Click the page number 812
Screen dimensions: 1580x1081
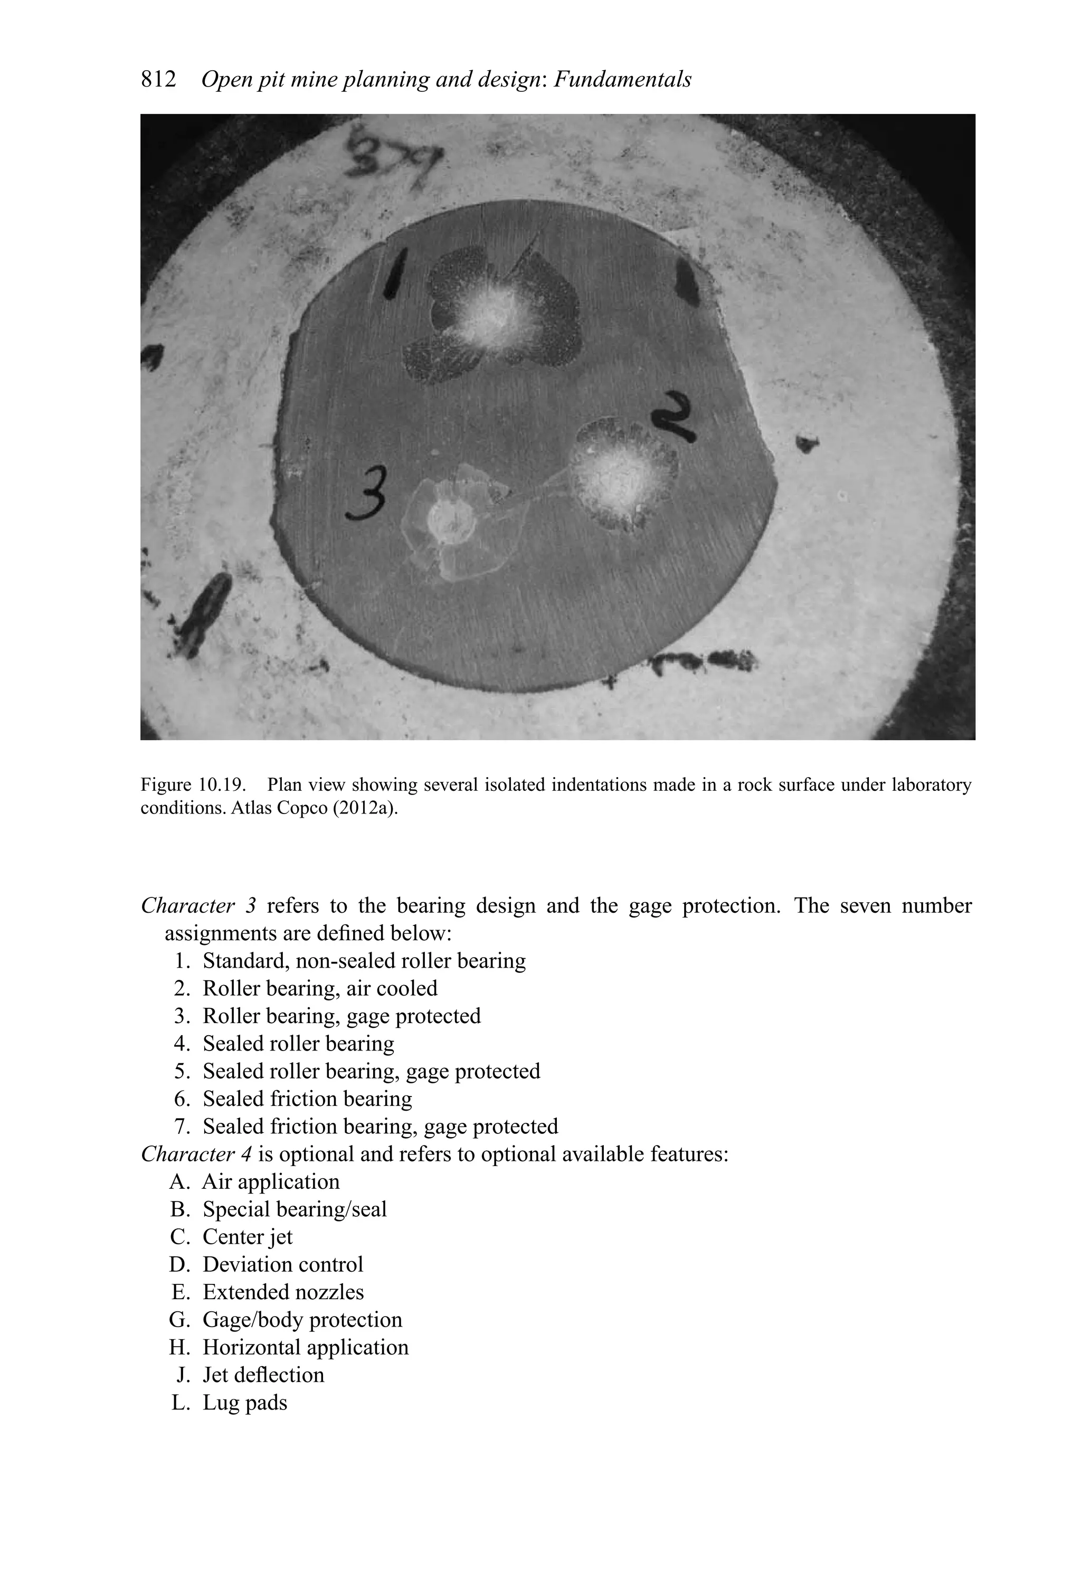[x=158, y=80]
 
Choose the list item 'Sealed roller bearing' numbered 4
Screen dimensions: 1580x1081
[x=298, y=1044]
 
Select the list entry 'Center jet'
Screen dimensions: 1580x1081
[x=248, y=1237]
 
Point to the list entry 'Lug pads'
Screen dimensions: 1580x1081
[x=245, y=1403]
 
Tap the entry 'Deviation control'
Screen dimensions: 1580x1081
[x=283, y=1264]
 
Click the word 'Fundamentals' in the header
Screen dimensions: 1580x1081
[x=622, y=80]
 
